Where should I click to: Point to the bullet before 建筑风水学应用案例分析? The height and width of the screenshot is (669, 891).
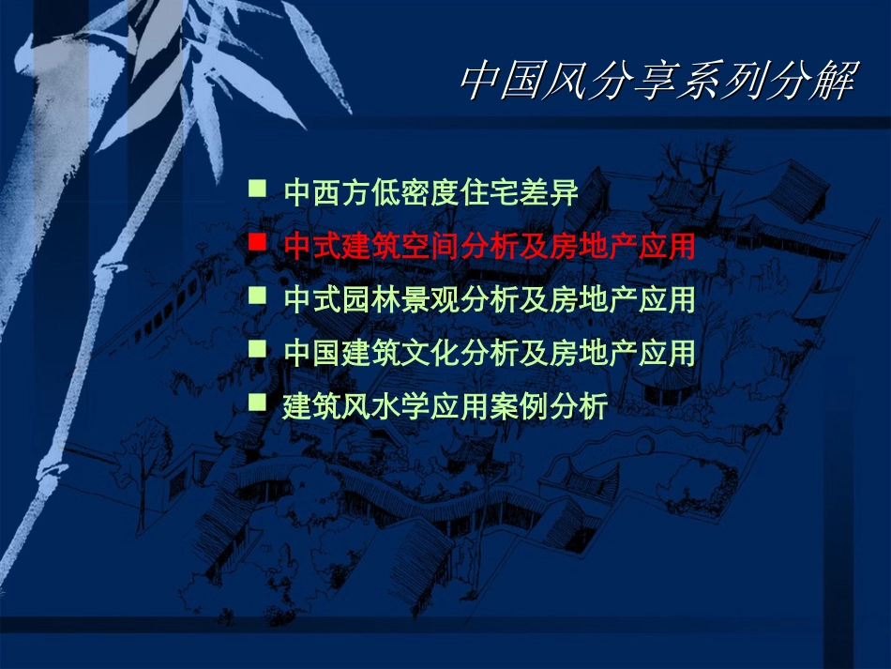point(256,402)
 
